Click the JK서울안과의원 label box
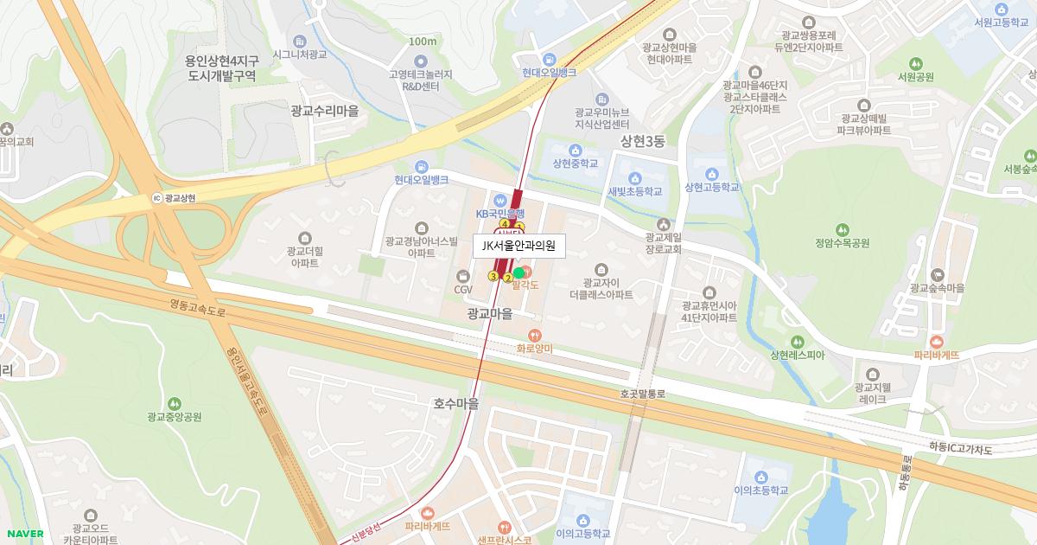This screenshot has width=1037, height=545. [518, 246]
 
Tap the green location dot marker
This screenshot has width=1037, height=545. [518, 272]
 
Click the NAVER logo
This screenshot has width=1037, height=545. [24, 533]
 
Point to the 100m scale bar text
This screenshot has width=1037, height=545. [423, 41]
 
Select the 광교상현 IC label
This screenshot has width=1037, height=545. [180, 198]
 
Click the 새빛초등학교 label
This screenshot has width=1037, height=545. [634, 191]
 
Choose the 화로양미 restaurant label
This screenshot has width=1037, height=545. [534, 348]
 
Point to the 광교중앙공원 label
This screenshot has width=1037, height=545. [175, 416]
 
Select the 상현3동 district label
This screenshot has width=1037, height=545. [643, 141]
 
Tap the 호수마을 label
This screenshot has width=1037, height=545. [455, 403]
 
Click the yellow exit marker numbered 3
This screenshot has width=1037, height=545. [493, 276]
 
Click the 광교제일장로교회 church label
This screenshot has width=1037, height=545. [664, 242]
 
